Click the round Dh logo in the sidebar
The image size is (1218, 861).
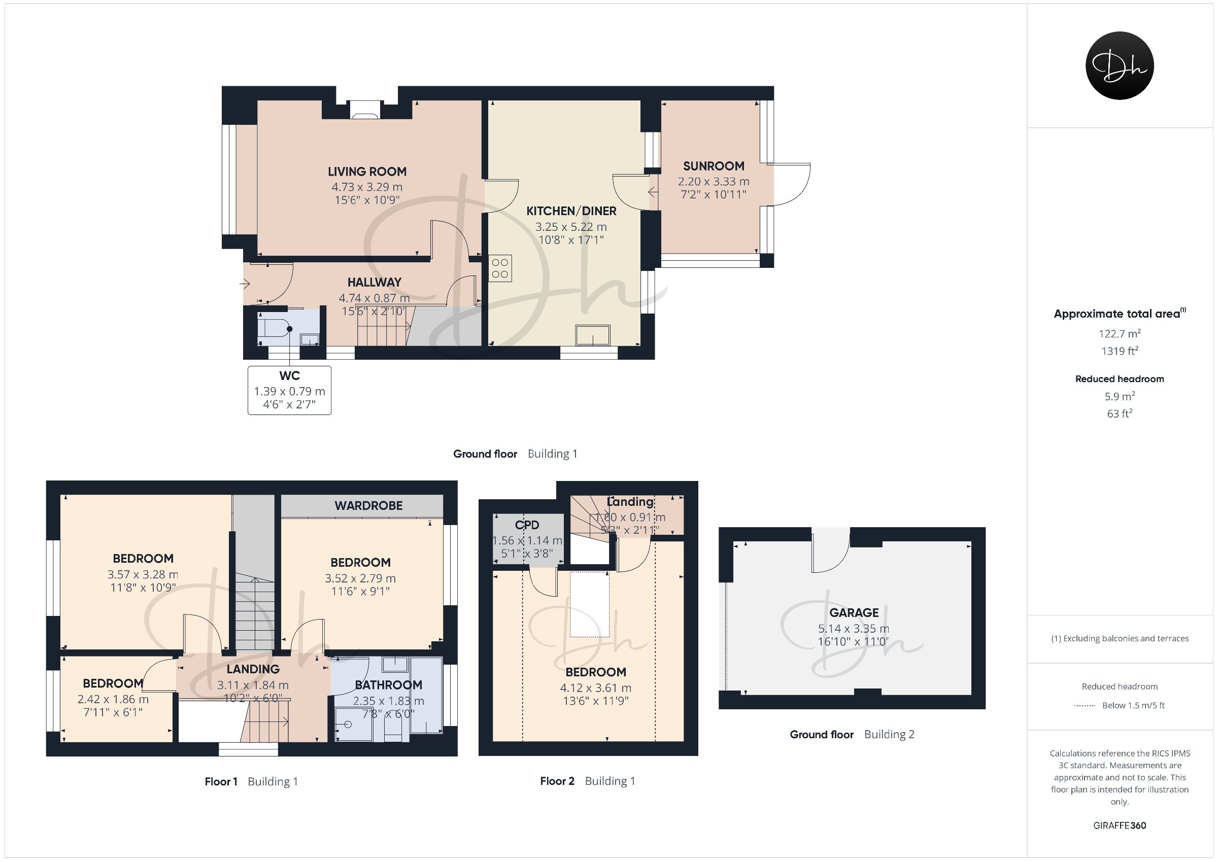1120,65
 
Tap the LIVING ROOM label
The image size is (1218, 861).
367,171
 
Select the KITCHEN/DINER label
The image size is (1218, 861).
571,211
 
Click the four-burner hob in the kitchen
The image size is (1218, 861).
500,268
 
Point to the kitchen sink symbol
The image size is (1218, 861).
593,335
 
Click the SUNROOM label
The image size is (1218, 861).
714,166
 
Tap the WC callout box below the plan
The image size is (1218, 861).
290,390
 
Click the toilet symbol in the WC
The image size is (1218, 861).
274,325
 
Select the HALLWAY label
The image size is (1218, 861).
375,282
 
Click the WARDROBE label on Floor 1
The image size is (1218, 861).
368,505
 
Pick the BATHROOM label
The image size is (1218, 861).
389,685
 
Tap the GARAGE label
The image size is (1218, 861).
854,613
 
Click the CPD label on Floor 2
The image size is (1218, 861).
527,525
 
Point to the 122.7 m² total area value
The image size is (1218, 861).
1120,333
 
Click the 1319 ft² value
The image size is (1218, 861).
1120,351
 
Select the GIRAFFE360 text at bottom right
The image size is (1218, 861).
1120,825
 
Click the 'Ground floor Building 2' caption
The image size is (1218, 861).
852,734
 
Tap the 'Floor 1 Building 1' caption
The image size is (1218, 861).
251,781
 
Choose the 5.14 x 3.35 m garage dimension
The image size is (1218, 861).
854,629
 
